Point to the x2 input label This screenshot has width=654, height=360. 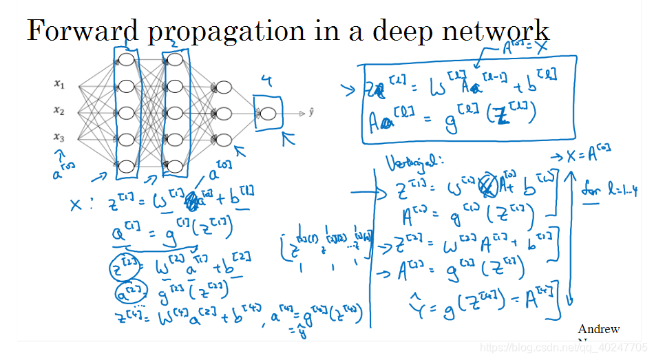tap(59, 110)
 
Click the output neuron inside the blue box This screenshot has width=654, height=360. tap(268, 114)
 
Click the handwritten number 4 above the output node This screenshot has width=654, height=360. tap(266, 82)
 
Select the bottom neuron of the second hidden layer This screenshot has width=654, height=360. tap(175, 166)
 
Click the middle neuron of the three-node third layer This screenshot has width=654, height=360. tap(224, 114)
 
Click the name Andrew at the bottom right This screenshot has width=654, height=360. tap(598, 329)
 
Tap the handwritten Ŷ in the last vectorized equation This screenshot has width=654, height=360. tap(414, 299)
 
